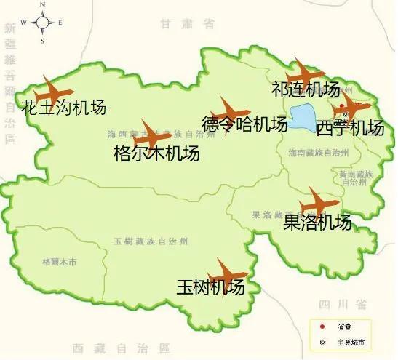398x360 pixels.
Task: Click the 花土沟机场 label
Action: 64,108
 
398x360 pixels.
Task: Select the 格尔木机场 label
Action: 156,153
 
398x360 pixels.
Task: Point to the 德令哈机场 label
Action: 244,124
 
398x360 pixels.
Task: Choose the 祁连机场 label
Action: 305,89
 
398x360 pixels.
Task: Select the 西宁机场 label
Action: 350,128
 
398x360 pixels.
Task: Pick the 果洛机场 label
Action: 317,222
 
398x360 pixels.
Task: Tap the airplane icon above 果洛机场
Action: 319,202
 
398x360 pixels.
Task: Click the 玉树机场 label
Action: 210,287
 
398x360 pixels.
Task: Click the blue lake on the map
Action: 302,116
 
